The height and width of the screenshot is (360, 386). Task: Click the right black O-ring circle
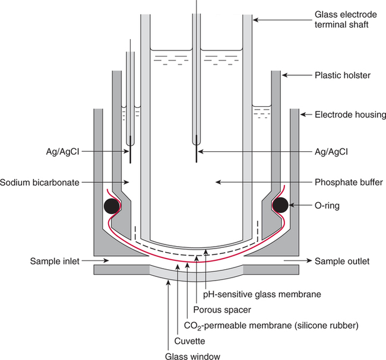(281, 205)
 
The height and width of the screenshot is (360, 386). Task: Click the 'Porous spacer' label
(226, 308)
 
